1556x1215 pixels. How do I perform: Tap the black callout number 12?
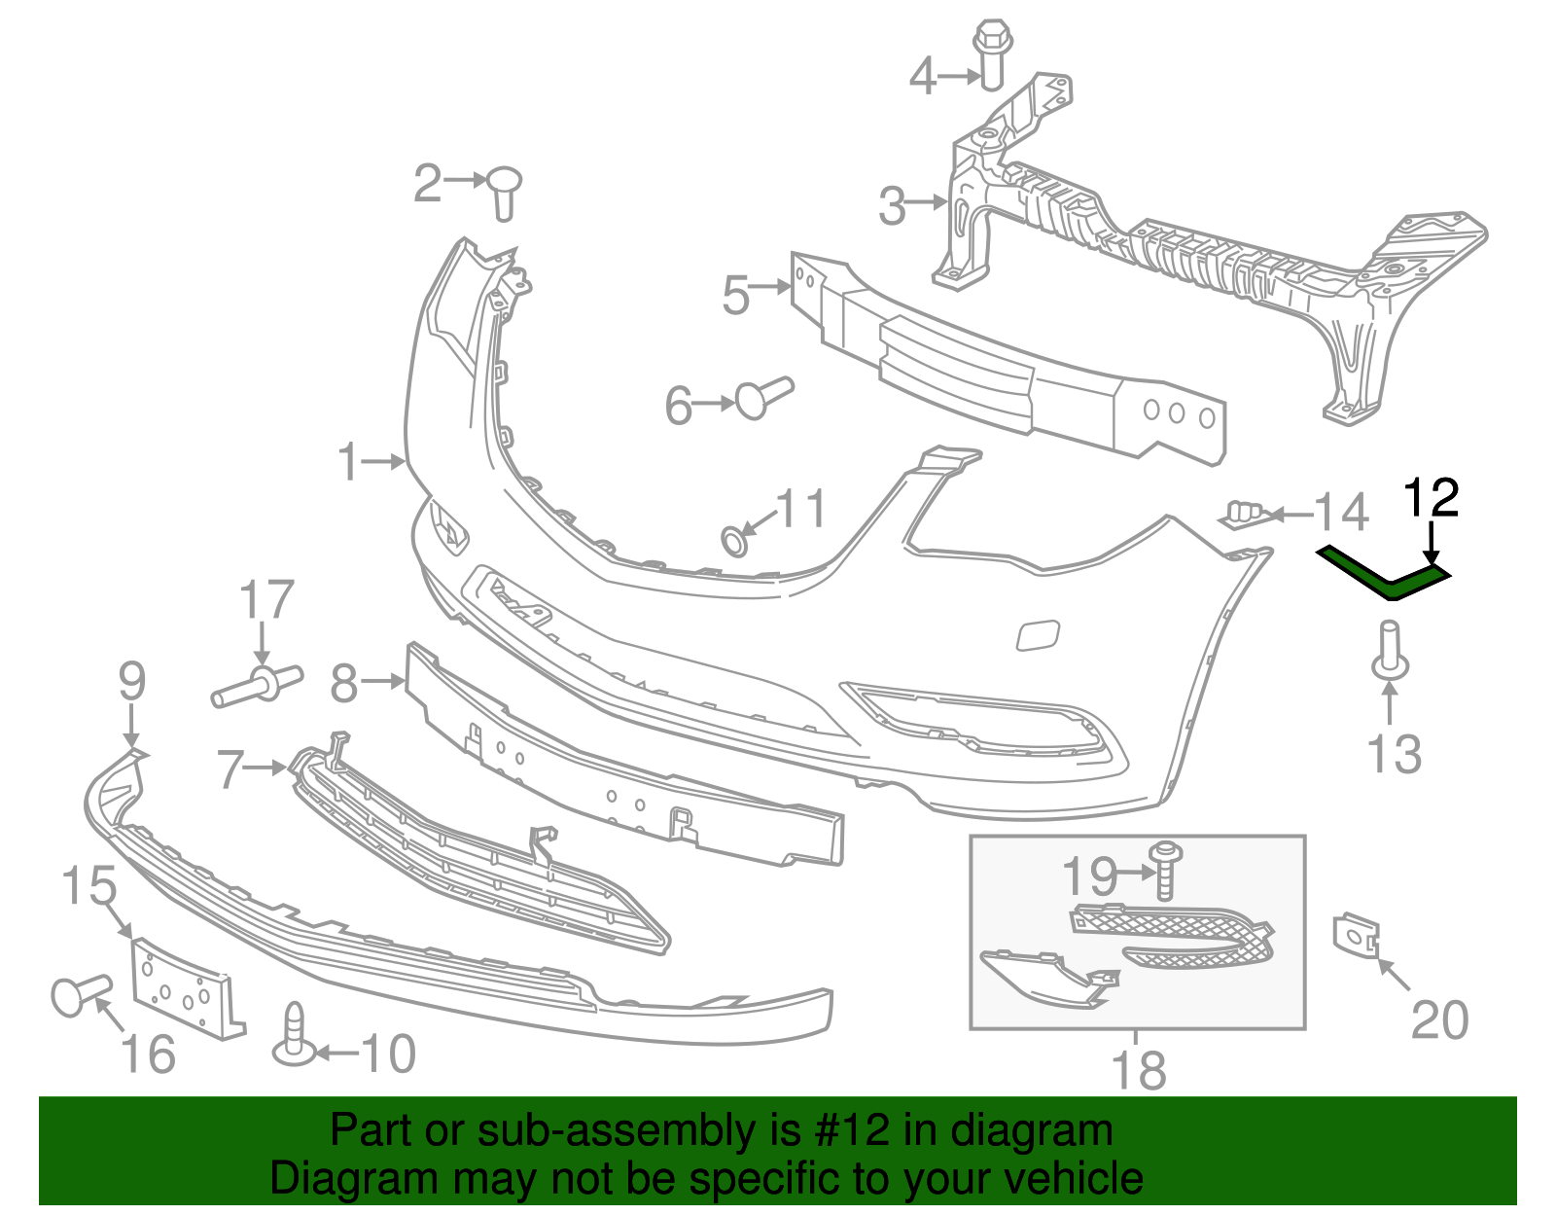pos(1432,498)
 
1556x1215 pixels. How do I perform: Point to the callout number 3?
pos(892,206)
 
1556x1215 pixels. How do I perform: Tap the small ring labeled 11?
pos(735,540)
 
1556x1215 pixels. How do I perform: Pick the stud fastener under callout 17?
pos(259,684)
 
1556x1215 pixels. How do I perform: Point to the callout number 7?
pos(230,768)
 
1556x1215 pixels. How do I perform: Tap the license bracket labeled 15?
pos(184,985)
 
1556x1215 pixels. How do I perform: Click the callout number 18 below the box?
pos(1138,1070)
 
